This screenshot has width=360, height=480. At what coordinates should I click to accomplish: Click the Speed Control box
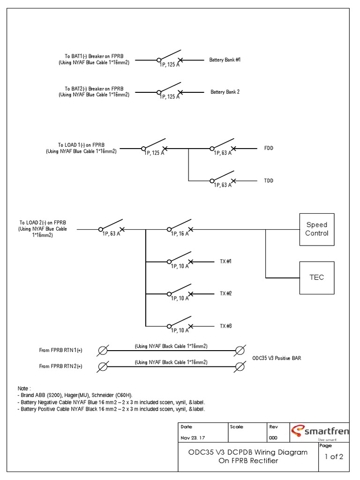(x=317, y=229)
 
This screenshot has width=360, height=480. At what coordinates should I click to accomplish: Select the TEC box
(x=317, y=277)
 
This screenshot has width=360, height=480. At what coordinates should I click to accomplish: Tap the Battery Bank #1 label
(x=225, y=60)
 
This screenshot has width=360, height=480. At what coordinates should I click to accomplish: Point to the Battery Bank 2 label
(x=225, y=92)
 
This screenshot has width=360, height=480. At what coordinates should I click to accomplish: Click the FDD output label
(x=269, y=148)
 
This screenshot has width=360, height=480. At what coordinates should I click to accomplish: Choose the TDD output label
(x=269, y=180)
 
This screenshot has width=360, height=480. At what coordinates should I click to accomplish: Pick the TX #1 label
(x=225, y=261)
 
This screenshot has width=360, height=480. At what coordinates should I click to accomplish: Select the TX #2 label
(x=225, y=293)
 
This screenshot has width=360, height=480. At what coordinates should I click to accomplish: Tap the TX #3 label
(x=225, y=326)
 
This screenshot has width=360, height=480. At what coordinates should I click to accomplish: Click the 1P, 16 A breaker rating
(x=179, y=234)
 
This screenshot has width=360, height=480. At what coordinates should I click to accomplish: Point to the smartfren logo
(x=320, y=432)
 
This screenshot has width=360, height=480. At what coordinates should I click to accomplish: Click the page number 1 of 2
(x=334, y=457)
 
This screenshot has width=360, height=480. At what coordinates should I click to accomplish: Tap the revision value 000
(x=273, y=438)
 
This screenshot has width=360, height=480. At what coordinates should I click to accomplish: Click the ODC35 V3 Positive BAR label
(x=277, y=358)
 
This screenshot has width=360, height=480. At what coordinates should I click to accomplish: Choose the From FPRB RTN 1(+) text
(x=60, y=350)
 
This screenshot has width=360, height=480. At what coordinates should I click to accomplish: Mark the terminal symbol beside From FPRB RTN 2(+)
(x=103, y=366)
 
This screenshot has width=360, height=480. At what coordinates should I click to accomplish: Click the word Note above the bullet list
(x=23, y=389)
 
